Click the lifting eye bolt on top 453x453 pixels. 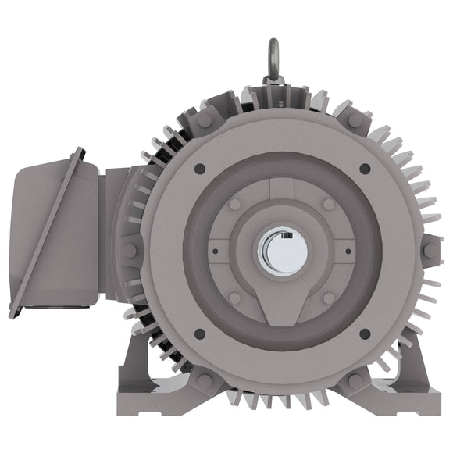273,59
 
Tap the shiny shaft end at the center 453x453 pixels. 282,251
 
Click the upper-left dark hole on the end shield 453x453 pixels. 200,169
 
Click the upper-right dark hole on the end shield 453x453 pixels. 365,169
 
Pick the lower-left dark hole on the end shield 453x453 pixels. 200,334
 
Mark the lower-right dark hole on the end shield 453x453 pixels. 365,334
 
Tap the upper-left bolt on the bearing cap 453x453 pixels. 235,204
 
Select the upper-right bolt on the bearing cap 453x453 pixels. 329,204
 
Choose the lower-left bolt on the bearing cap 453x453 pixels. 235,298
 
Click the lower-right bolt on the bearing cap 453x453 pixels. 329,298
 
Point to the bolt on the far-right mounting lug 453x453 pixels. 430,251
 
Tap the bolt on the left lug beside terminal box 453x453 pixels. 130,251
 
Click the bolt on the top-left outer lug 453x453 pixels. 205,120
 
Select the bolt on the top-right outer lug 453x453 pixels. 355,120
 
